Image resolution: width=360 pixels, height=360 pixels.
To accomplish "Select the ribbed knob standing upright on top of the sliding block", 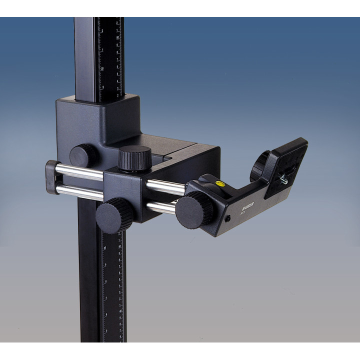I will [x=135, y=159].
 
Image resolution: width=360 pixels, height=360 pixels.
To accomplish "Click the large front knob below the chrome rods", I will [x=114, y=215].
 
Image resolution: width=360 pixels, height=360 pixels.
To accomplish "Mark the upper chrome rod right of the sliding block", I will [x=165, y=187].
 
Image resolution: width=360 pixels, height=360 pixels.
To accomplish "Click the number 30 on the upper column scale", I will [x=102, y=69].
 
